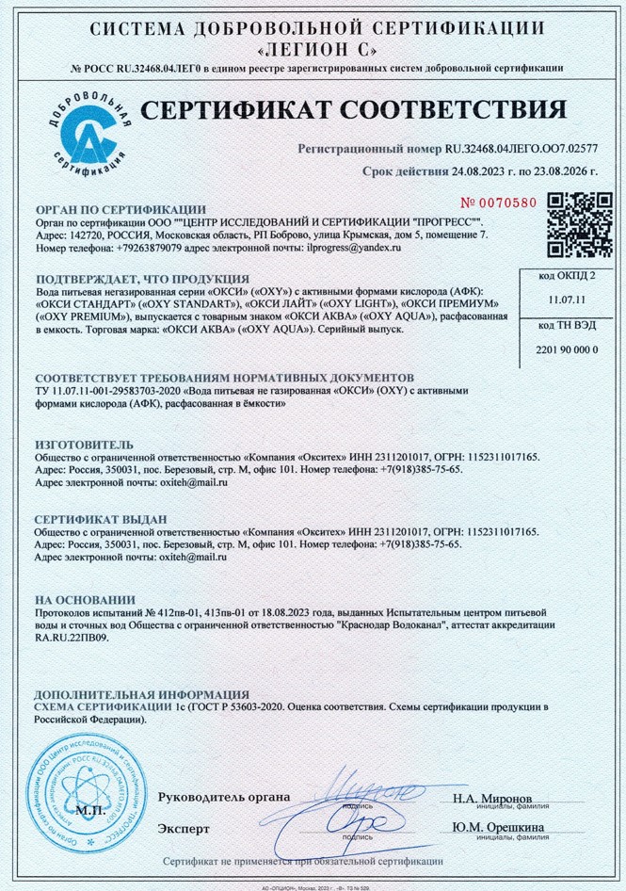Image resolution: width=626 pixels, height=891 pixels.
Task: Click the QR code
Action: tap(573, 224)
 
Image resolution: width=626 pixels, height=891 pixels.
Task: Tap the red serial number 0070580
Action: tap(498, 202)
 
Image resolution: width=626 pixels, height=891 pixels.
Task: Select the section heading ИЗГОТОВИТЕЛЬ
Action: tap(84, 444)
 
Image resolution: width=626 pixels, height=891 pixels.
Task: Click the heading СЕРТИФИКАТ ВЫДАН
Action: tap(101, 519)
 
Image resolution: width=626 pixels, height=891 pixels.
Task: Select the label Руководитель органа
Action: tap(224, 798)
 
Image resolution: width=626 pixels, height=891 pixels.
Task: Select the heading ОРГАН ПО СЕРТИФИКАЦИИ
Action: tap(120, 209)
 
